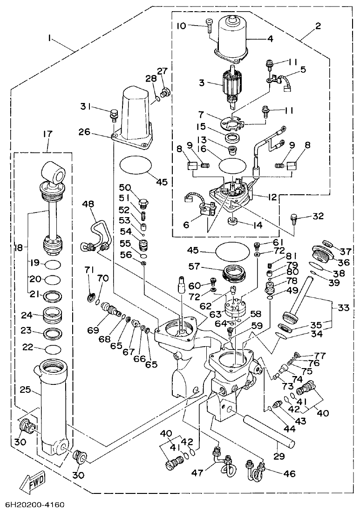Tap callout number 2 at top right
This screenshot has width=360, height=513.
(x=318, y=26)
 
